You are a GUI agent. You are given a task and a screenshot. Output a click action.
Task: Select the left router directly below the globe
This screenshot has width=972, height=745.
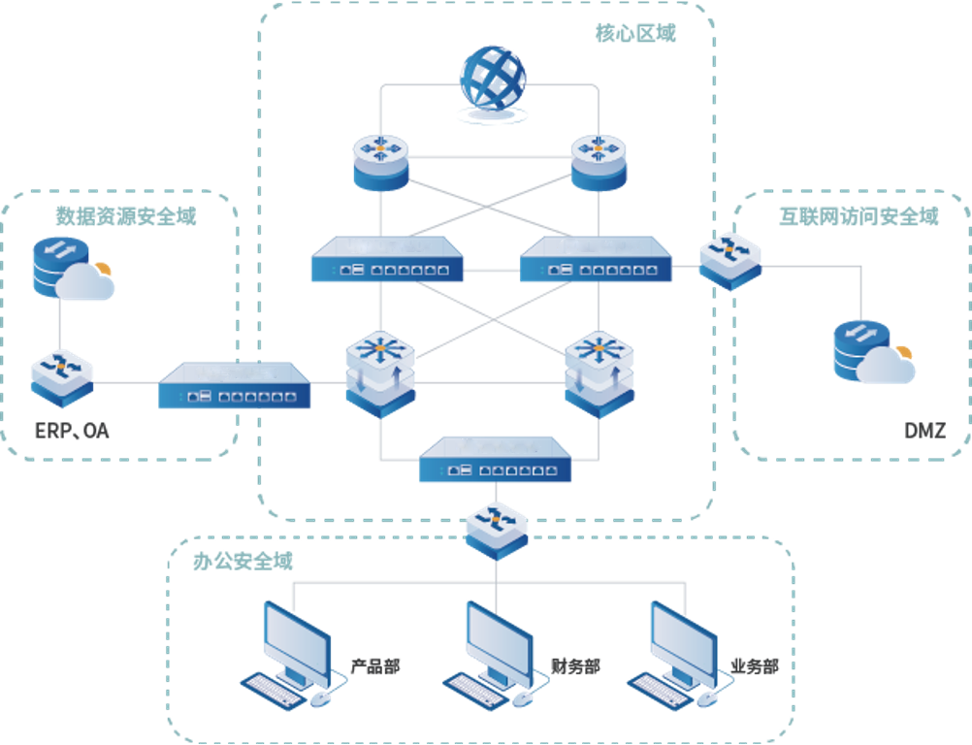click(x=380, y=161)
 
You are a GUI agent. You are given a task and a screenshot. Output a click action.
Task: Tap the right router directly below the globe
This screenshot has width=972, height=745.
click(x=599, y=161)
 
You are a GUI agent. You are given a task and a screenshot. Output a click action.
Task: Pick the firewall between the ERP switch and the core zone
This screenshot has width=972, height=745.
click(x=234, y=385)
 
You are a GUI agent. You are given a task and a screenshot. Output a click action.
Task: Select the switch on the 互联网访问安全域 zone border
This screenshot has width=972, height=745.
click(x=729, y=259)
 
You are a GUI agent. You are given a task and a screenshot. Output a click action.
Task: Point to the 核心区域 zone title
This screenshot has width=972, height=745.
click(x=635, y=33)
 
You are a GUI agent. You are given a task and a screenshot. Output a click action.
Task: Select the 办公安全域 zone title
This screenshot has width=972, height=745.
click(x=254, y=561)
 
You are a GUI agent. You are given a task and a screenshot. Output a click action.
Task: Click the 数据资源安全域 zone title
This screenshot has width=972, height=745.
click(x=125, y=215)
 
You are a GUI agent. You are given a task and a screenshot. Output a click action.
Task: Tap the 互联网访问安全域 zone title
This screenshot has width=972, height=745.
click(x=859, y=216)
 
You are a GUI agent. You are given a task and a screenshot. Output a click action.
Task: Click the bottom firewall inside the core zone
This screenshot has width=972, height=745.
click(x=495, y=461)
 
